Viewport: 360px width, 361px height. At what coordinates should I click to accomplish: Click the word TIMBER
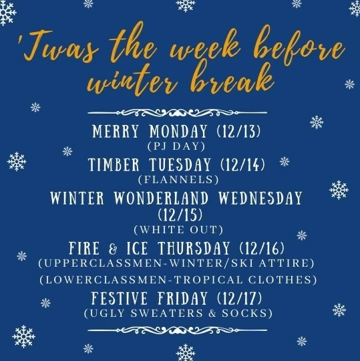coord(117,164)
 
